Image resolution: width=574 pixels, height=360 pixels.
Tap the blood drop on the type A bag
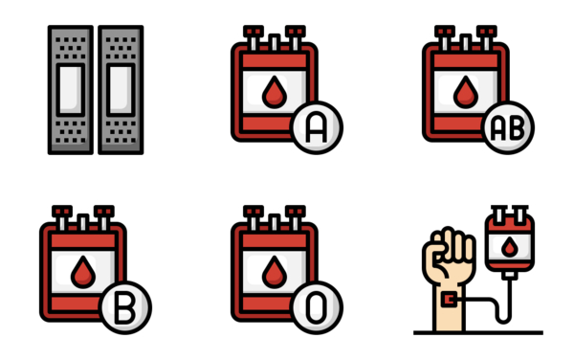(274, 92)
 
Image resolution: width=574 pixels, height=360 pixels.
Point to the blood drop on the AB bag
(465, 92)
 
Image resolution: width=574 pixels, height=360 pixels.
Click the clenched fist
(448, 251)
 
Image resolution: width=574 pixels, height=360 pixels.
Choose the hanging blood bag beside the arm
(510, 245)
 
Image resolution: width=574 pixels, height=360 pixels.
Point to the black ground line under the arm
(478, 333)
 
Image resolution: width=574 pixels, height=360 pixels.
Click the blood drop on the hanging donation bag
(510, 248)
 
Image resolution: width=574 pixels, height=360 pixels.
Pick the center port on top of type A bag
(274, 42)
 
